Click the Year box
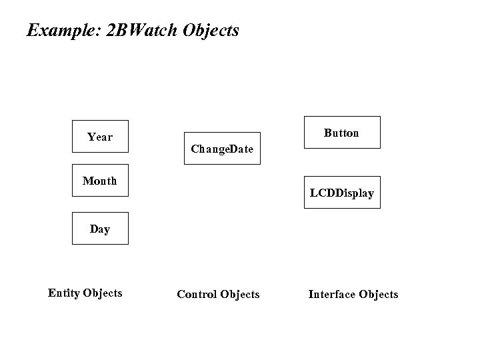point(100,137)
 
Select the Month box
point(100,181)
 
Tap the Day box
point(100,229)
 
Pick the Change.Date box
point(222,148)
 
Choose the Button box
point(342,132)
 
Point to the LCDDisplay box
point(342,193)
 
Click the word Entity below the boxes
point(63,293)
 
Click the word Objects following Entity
point(102,293)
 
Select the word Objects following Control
point(239,294)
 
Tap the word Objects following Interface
point(378,294)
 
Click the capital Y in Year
point(91,137)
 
